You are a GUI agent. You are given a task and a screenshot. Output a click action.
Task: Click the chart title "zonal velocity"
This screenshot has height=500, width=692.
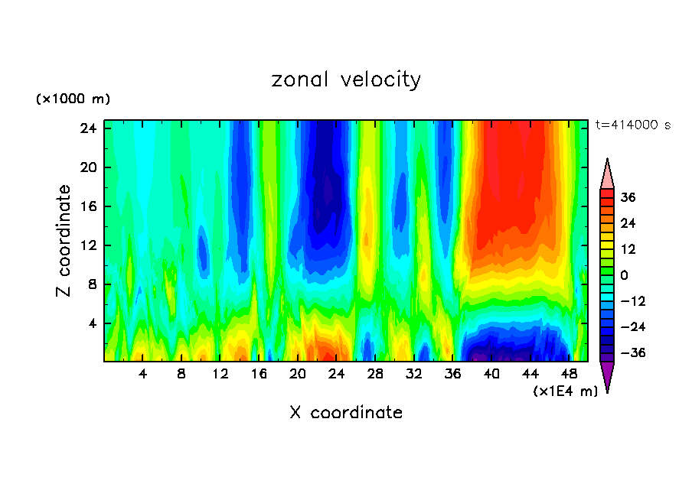pos(346,80)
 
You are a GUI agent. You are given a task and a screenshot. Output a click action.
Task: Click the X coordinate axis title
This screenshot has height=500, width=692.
pos(346,413)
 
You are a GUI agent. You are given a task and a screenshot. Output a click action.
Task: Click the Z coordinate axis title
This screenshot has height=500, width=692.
pos(65,242)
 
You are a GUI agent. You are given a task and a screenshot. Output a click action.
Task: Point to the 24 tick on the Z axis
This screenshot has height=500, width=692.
pos(89,128)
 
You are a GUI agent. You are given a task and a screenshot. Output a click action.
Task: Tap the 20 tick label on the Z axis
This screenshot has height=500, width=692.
pos(89,167)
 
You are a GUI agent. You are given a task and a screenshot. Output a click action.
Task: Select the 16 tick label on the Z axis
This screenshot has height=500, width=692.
pos(89,206)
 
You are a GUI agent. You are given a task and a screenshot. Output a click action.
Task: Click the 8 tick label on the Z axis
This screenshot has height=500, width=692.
pos(92,284)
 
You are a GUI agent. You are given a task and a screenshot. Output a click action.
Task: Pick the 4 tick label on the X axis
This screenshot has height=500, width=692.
pos(142,375)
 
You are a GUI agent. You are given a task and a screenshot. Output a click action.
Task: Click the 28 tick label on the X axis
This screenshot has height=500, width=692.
pos(375,375)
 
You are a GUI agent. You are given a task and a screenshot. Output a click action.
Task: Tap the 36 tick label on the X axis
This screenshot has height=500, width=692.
pos(452,375)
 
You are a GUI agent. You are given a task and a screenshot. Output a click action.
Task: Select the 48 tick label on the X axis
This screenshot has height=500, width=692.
pos(569,375)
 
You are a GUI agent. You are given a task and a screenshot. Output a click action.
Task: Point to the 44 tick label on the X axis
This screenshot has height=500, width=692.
pos(530,375)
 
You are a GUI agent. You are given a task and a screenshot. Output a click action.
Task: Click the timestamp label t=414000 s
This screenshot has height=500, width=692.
pos(632,125)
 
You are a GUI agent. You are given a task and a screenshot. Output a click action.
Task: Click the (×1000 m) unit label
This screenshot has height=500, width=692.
pos(73,99)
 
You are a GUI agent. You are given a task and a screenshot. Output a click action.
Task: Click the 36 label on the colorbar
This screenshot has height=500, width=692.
pos(628,197)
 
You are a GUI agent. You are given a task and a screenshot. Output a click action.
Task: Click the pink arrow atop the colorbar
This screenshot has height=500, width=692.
pos(607,174)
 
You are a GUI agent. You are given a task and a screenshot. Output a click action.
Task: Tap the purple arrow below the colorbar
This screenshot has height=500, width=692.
pos(607,376)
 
